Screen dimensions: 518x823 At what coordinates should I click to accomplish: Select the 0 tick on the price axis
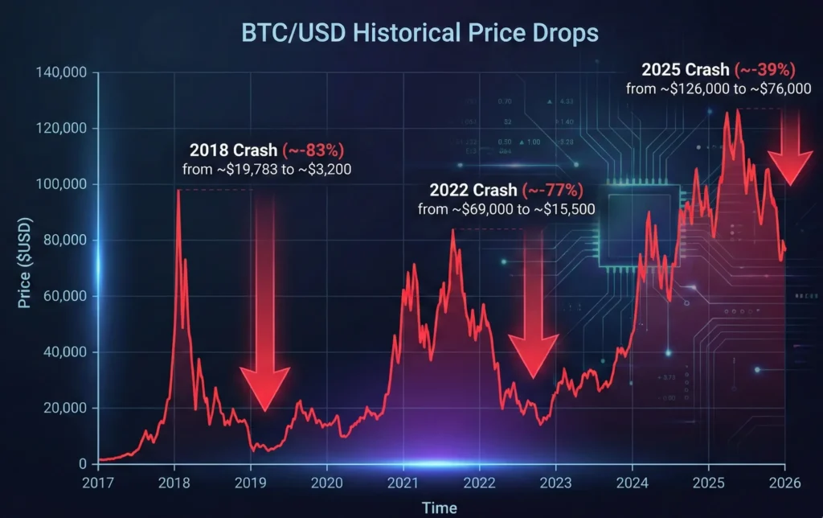[x=83, y=464]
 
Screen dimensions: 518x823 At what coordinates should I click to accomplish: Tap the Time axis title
[x=440, y=508]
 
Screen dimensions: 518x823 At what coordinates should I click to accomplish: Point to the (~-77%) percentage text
[x=553, y=191]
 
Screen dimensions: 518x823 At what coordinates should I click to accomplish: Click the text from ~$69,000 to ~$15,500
[x=499, y=208]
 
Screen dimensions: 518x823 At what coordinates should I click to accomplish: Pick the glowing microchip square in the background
[x=642, y=225]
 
